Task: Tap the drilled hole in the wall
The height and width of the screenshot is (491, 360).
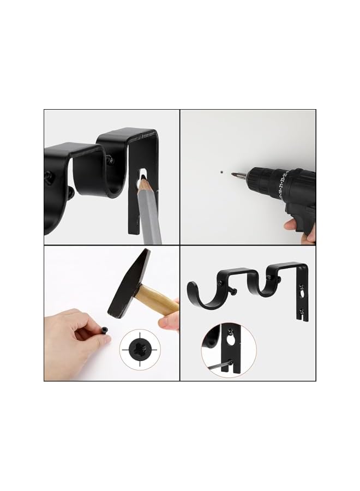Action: tap(221, 170)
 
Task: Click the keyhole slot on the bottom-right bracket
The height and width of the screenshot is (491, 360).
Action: tap(301, 295)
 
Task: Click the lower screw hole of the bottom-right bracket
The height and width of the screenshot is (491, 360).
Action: tap(302, 312)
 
